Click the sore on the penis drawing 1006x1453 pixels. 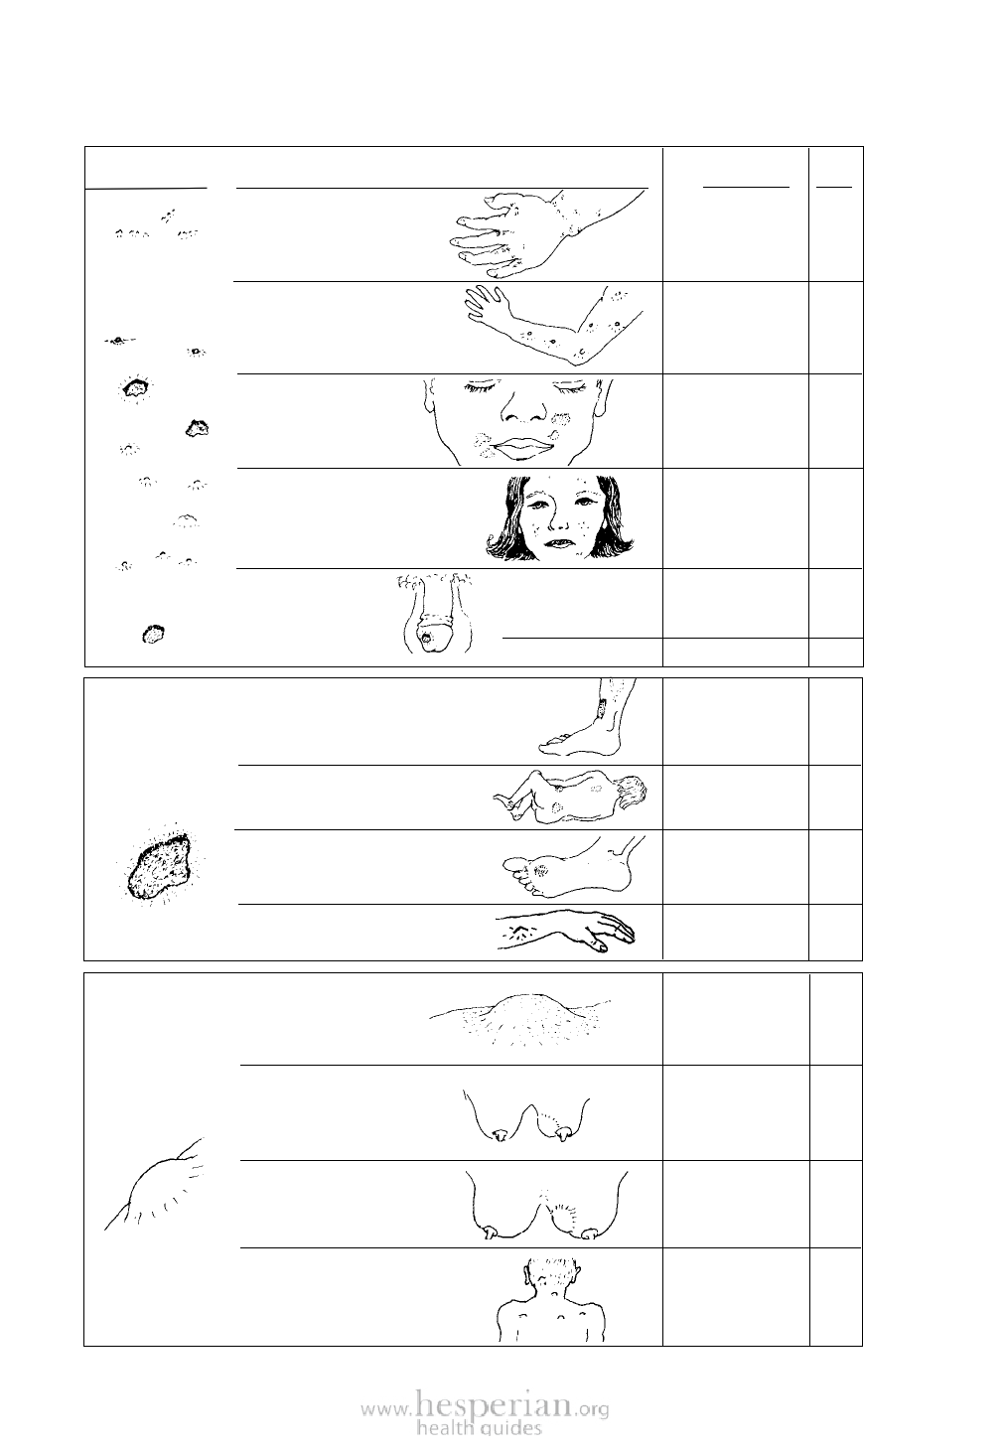point(426,638)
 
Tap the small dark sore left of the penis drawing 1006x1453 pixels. point(153,634)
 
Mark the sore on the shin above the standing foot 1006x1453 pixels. point(605,708)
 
